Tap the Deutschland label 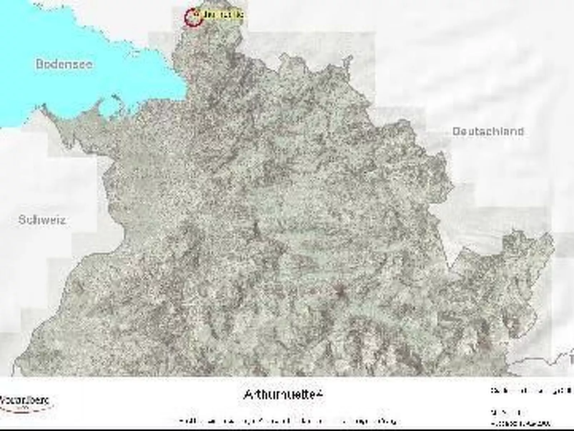coord(488,131)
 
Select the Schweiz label coord(42,219)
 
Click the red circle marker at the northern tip coord(194,17)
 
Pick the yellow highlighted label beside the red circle coord(223,15)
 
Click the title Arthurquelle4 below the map coord(283,395)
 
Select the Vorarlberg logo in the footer coord(25,402)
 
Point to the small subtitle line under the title coord(288,421)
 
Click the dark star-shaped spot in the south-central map coord(340,292)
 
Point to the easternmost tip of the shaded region coord(554,243)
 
